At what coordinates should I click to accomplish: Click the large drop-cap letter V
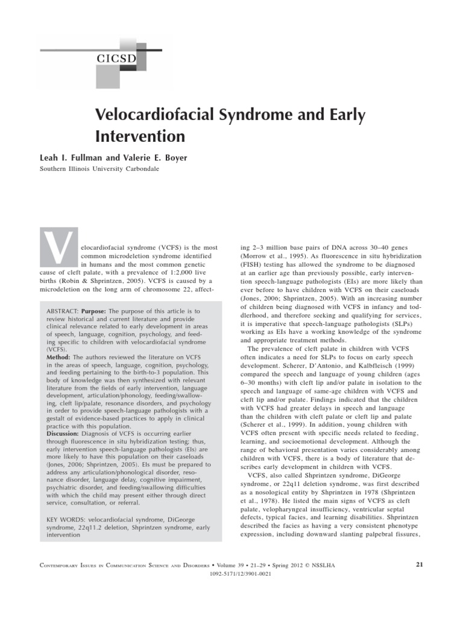pyautogui.click(x=58, y=247)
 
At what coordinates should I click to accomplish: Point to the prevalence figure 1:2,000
pyautogui.click(x=184, y=272)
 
